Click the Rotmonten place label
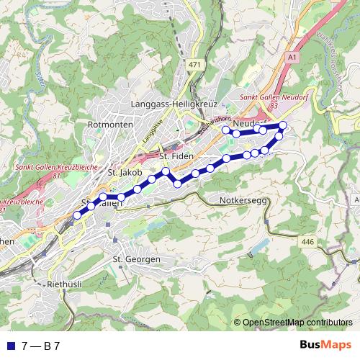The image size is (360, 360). click(106, 124)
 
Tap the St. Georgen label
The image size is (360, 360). click(137, 258)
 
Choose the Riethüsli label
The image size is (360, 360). click(64, 284)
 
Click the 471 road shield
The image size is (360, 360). click(194, 65)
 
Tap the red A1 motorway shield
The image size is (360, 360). click(292, 56)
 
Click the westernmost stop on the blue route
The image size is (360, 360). click(77, 215)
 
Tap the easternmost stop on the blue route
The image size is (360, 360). click(283, 125)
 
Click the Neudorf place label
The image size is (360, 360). click(248, 123)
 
